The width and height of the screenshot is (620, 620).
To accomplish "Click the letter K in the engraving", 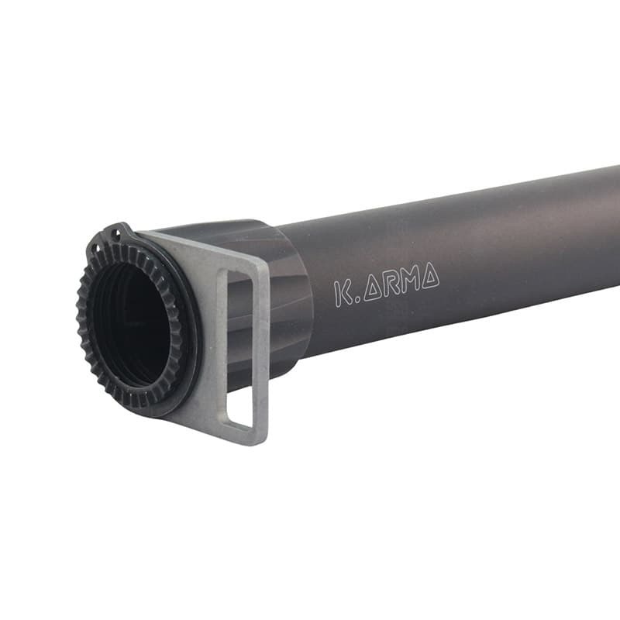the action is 343,293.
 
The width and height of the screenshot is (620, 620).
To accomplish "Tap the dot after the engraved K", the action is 356,300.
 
